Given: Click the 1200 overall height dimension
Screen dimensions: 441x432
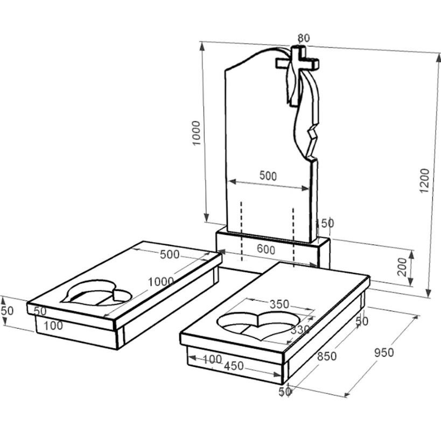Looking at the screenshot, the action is [x=424, y=180].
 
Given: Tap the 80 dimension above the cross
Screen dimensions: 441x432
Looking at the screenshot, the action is [x=304, y=38].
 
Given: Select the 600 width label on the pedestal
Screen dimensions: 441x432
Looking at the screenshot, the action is [x=266, y=249].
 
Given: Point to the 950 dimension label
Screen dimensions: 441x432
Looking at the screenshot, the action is [x=384, y=352].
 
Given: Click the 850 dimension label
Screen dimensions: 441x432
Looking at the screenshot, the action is [x=327, y=356].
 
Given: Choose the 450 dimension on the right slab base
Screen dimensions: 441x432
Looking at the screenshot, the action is [x=234, y=366].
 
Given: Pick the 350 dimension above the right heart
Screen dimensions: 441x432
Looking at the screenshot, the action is [x=279, y=304].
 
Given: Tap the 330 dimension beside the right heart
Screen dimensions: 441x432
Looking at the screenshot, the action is [x=300, y=329].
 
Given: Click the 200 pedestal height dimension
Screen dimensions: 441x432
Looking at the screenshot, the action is [x=402, y=267].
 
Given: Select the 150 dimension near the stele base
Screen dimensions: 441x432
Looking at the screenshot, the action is [x=325, y=223].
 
